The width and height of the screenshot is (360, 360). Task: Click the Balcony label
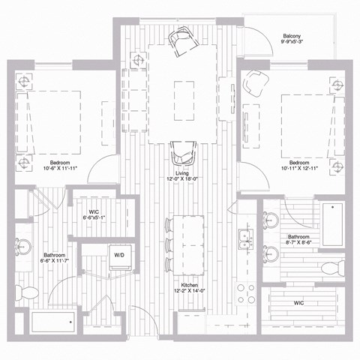(x=292, y=35)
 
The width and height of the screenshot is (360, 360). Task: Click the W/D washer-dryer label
(x=118, y=255)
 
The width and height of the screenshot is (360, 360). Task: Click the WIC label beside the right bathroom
(x=298, y=303)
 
